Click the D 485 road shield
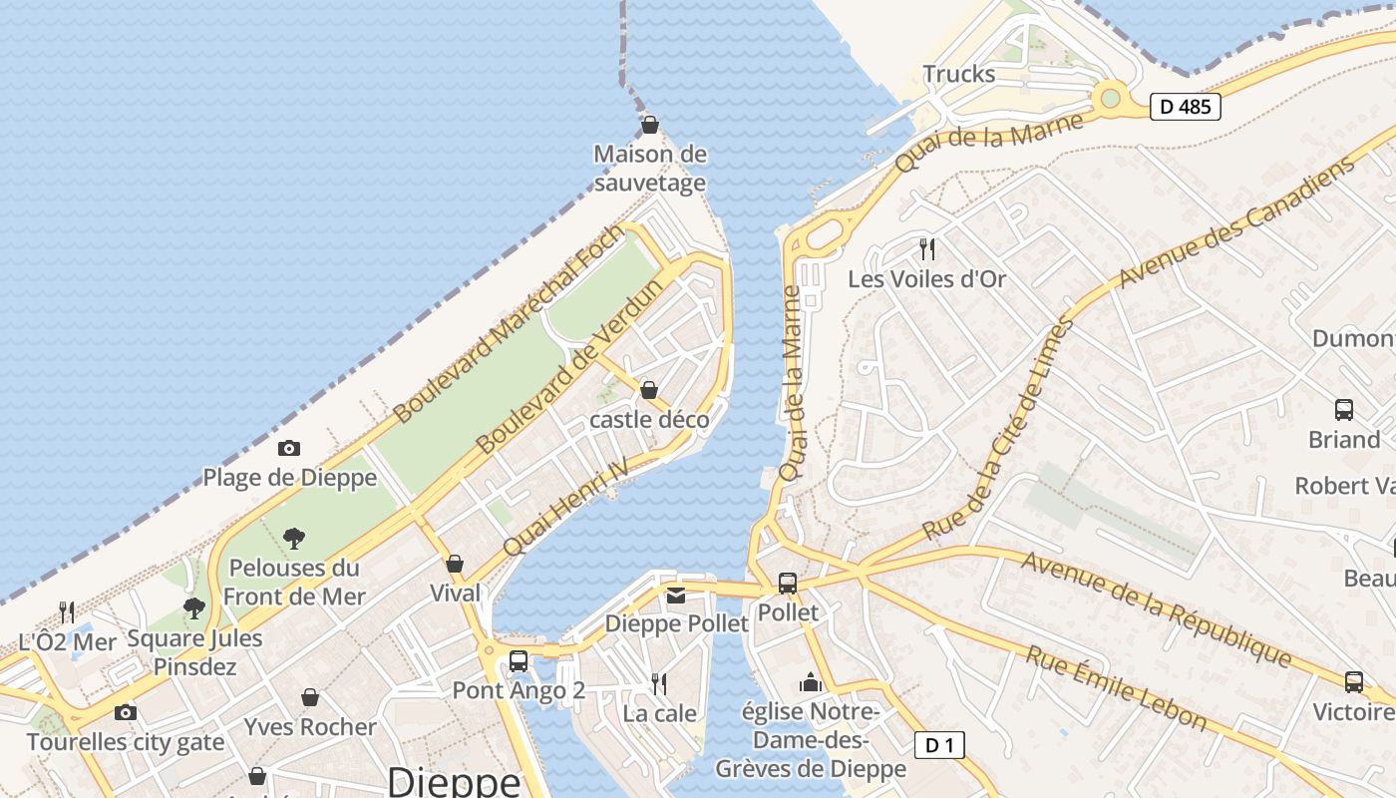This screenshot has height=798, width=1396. click(1186, 106)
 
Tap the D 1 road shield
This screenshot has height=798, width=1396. click(939, 744)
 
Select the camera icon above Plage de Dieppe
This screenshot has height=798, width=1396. click(288, 449)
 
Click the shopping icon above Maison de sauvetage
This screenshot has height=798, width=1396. click(650, 125)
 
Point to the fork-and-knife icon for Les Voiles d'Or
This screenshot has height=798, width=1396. click(927, 248)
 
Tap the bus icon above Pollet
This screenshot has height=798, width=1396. click(788, 583)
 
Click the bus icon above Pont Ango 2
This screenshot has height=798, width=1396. click(519, 660)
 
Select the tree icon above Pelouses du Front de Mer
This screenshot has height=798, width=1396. click(294, 539)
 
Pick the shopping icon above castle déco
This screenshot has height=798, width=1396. click(649, 389)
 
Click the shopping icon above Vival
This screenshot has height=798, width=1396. click(455, 564)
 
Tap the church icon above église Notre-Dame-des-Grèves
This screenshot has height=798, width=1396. click(810, 683)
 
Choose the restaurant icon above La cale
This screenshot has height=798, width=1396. click(659, 683)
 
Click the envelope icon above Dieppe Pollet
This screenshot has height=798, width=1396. click(676, 596)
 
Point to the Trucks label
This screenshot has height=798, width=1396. click(958, 74)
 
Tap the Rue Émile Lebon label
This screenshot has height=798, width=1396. click(1116, 688)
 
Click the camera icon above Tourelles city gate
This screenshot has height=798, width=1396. click(125, 712)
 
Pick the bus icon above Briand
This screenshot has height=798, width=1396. click(1344, 409)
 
